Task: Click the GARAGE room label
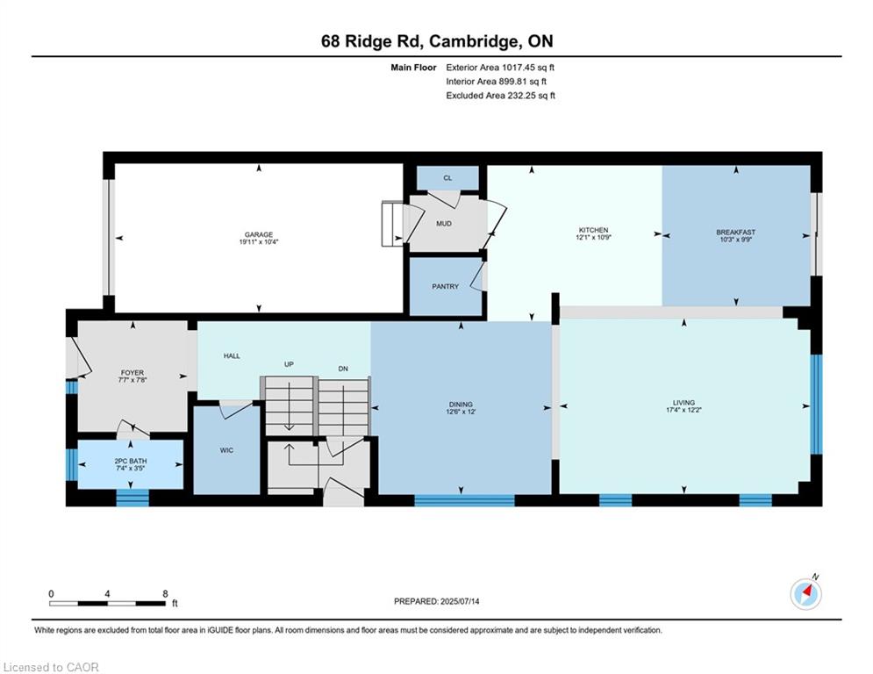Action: pos(259,234)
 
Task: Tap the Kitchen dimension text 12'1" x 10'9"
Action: pos(593,237)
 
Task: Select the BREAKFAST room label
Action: pos(735,233)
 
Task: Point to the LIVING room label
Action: pos(683,403)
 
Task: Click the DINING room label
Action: pos(461,405)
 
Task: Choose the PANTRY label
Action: pos(446,286)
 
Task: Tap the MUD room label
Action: pos(444,224)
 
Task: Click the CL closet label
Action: pos(447,178)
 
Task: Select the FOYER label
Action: pos(132,373)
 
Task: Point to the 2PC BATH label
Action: pos(131,462)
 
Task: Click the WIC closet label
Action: pos(226,450)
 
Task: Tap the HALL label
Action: pos(233,355)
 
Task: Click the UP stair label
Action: pos(289,364)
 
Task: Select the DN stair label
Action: pos(343,369)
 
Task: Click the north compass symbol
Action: pos(805,594)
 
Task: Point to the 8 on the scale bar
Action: pos(165,594)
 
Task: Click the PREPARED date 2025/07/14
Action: pos(460,601)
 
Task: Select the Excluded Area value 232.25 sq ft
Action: pos(531,96)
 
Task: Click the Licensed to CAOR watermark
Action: pos(51,667)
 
